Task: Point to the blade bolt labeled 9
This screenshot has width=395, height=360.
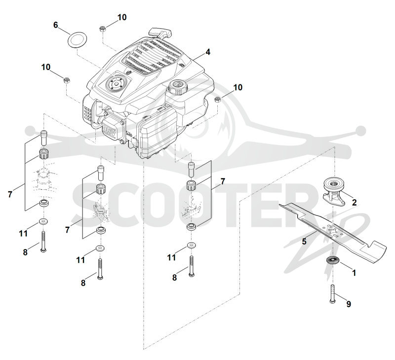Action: (332, 293)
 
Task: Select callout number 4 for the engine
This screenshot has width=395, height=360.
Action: (207, 52)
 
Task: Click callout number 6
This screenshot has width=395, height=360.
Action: (56, 25)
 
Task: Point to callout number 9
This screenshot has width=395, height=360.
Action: (349, 304)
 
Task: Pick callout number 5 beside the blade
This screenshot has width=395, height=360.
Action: (304, 242)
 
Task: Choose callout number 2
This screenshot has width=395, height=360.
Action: (354, 202)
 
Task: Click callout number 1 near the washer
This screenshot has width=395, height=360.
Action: (354, 272)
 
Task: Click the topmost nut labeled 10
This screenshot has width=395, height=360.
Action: (103, 29)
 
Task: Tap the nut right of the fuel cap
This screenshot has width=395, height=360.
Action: (217, 100)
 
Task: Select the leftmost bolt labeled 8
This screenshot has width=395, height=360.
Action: (43, 242)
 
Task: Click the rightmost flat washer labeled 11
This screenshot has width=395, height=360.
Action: (192, 246)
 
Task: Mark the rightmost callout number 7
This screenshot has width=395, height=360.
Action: (223, 181)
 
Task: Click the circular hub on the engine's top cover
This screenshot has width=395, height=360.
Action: (116, 83)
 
